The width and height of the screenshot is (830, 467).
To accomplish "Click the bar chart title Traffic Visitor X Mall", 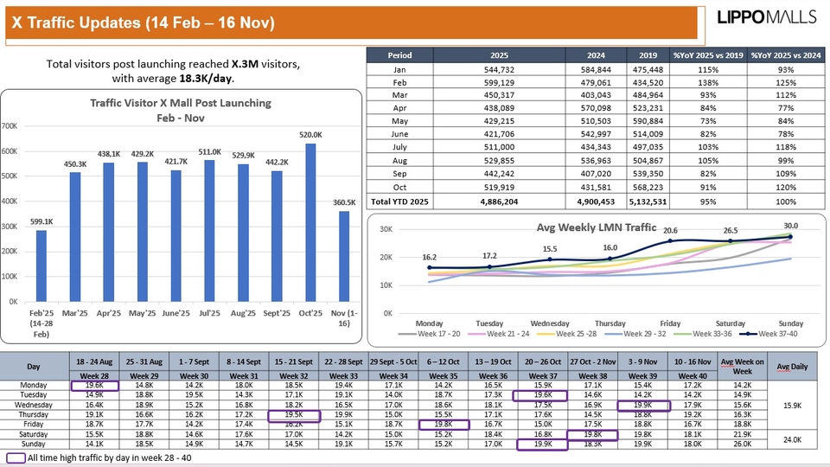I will (x=181, y=103).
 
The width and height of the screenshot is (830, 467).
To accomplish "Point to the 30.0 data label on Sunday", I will (x=789, y=226).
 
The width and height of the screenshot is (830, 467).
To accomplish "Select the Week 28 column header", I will (x=93, y=376).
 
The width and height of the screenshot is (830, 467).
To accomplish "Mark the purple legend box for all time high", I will (x=15, y=457).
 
